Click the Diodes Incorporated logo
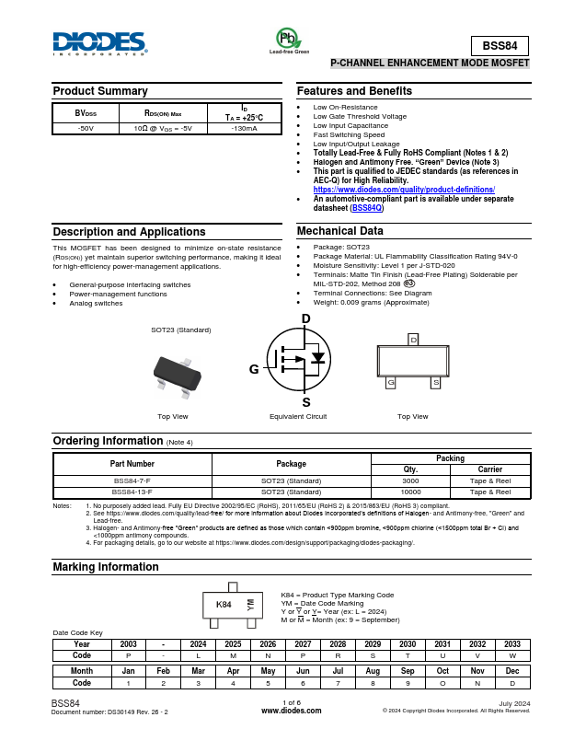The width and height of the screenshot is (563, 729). [99, 43]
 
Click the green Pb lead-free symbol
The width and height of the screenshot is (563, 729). [288, 38]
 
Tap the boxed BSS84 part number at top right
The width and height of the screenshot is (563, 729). [500, 47]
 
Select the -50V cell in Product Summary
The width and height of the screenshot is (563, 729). [86, 128]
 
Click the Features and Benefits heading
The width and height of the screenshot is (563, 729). [354, 91]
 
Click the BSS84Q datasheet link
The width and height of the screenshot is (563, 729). [367, 208]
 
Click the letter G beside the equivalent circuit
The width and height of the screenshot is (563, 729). [254, 369]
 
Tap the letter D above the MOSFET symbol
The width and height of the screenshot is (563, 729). [306, 318]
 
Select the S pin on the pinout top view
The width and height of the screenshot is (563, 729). [435, 382]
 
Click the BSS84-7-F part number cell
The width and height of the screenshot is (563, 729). [132, 480]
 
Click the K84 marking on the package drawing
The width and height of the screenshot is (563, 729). [224, 605]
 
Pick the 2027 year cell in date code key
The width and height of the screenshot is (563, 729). [303, 644]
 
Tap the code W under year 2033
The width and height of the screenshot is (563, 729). [512, 655]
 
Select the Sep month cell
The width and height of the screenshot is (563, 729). [408, 672]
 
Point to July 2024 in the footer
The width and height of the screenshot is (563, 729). [514, 704]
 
